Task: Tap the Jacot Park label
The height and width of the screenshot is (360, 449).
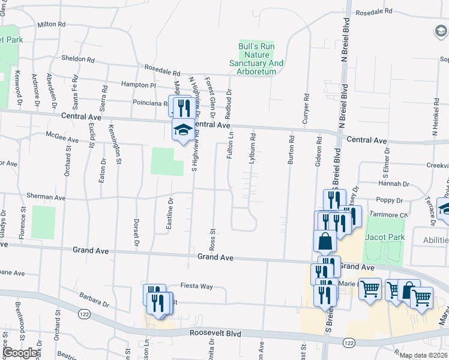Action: (x=384, y=237)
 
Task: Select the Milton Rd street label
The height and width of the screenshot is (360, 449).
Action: (x=51, y=25)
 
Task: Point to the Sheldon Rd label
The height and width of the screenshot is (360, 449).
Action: (x=78, y=59)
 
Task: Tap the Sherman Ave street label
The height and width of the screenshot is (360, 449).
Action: (x=46, y=197)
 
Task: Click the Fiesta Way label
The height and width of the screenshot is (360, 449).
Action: (x=198, y=286)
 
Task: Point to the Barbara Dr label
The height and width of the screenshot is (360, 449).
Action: (x=92, y=299)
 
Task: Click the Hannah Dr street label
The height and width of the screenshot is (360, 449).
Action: (x=393, y=184)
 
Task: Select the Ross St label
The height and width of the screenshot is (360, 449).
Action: (x=212, y=239)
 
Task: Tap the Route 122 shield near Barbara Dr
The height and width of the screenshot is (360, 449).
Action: (x=83, y=313)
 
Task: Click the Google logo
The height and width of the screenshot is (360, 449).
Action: (x=19, y=353)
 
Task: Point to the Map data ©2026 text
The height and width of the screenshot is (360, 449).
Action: (x=424, y=355)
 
